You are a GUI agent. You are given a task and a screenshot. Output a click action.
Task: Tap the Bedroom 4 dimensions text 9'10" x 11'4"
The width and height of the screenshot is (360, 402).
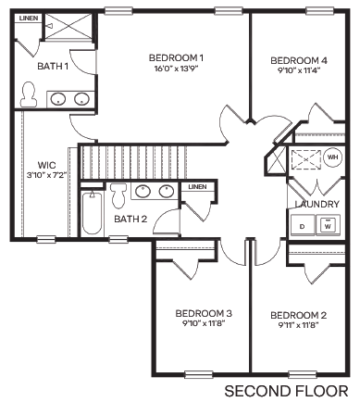pyautogui.click(x=300, y=70)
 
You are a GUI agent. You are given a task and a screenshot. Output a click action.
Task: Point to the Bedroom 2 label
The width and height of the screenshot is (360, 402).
pyautogui.click(x=300, y=315)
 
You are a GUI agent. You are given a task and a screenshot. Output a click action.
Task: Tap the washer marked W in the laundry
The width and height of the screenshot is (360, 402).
pyautogui.click(x=329, y=224)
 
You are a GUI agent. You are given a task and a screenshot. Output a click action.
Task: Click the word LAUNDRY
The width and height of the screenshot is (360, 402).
pyautogui.click(x=314, y=204)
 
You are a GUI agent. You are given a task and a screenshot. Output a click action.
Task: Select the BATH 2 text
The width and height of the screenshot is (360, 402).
pyautogui.click(x=130, y=220)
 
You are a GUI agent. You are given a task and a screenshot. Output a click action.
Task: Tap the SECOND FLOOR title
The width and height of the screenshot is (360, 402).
pyautogui.click(x=287, y=390)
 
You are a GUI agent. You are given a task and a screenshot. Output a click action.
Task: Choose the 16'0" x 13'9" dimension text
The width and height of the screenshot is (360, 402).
pyautogui.click(x=175, y=69)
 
